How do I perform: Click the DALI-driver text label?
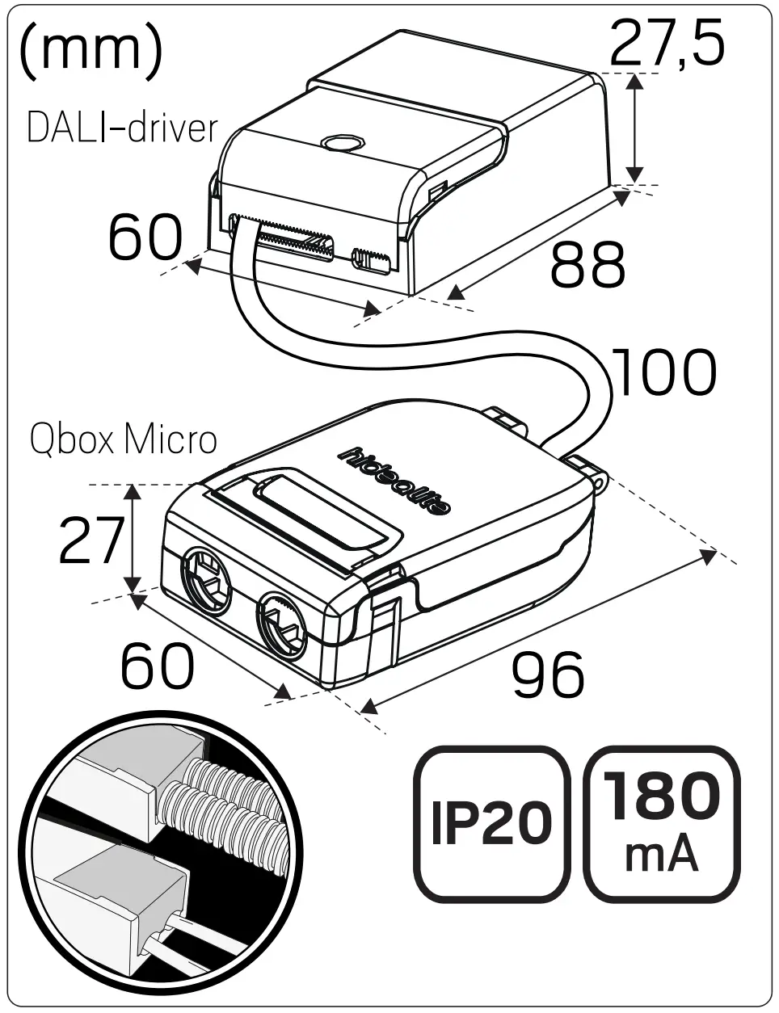coord(122,128)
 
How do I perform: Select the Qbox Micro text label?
coord(124,440)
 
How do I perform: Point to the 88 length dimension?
coord(587,264)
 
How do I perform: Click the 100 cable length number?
coord(664,373)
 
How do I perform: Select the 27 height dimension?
coord(91,540)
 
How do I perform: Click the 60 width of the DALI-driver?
coord(145,237)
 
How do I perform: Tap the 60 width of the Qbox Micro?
coord(158,666)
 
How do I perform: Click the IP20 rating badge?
coord(491,823)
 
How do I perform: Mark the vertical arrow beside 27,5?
coord(635,128)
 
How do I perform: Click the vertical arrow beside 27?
coord(133,539)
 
